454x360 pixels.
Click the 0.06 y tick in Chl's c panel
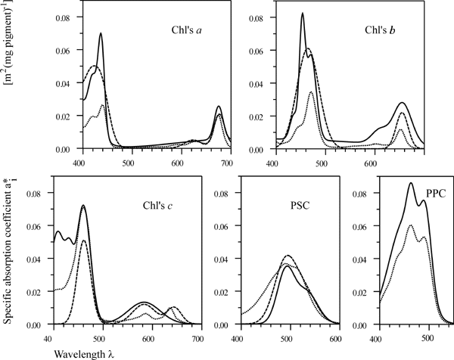(33, 226)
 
